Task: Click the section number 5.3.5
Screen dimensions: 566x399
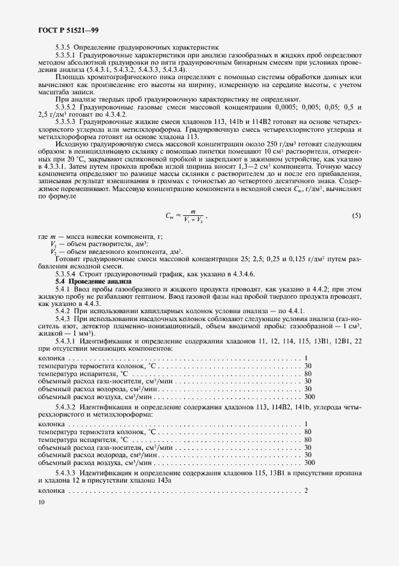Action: click(x=64, y=47)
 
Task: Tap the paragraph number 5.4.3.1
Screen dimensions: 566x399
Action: click(x=68, y=341)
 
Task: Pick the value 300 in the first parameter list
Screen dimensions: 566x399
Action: click(x=310, y=397)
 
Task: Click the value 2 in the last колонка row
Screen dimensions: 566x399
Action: click(x=307, y=490)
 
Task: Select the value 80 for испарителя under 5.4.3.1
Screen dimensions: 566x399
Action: click(x=308, y=374)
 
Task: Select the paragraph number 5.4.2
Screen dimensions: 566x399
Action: click(x=63, y=311)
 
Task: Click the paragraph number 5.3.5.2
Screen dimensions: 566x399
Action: click(x=68, y=106)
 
